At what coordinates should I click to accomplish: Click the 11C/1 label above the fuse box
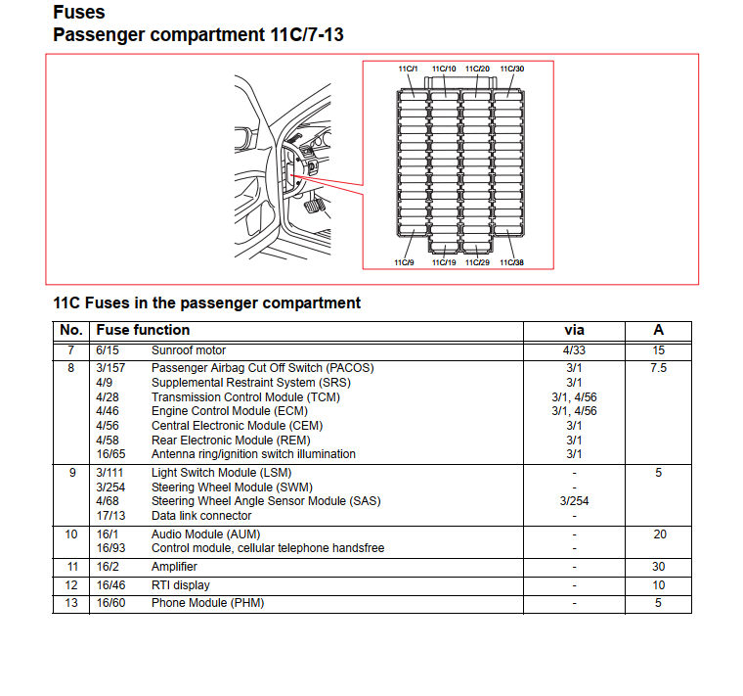[408, 70]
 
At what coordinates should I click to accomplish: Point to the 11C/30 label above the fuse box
[512, 70]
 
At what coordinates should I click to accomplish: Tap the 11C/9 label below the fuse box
[404, 262]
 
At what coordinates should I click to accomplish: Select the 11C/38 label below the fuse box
[512, 262]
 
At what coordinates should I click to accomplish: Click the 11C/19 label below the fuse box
[444, 262]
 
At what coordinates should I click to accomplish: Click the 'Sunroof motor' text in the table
[188, 350]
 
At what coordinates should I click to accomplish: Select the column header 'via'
[574, 331]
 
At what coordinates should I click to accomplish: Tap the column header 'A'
[658, 331]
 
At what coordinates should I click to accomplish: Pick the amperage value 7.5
[658, 368]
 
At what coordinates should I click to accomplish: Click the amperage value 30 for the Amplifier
[658, 567]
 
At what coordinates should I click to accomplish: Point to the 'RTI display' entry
[180, 585]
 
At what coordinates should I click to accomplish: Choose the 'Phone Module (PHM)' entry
[207, 603]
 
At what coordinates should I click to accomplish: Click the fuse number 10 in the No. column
[70, 534]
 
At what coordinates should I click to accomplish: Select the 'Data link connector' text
[201, 516]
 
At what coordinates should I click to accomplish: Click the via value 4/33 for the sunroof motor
[574, 350]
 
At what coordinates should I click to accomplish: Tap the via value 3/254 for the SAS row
[574, 501]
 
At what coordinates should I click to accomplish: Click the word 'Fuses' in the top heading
[79, 13]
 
